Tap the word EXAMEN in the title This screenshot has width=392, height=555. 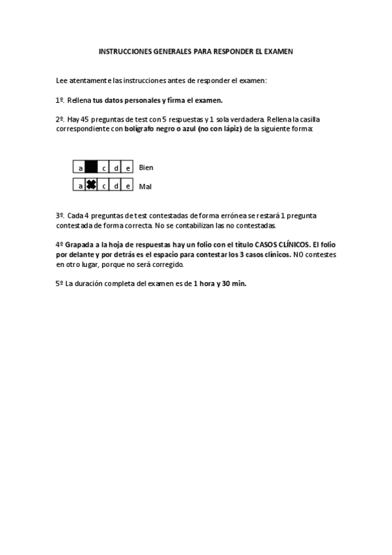[279, 50]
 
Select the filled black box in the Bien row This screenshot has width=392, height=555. [92, 168]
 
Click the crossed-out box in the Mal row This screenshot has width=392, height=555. [92, 186]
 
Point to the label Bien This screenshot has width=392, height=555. [146, 168]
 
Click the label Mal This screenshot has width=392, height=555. [145, 187]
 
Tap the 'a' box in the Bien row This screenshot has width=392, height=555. [80, 168]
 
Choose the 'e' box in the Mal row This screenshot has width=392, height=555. [128, 186]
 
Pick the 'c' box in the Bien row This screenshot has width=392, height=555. [104, 168]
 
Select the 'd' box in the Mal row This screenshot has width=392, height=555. [116, 186]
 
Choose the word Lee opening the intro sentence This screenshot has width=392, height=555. [62, 81]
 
